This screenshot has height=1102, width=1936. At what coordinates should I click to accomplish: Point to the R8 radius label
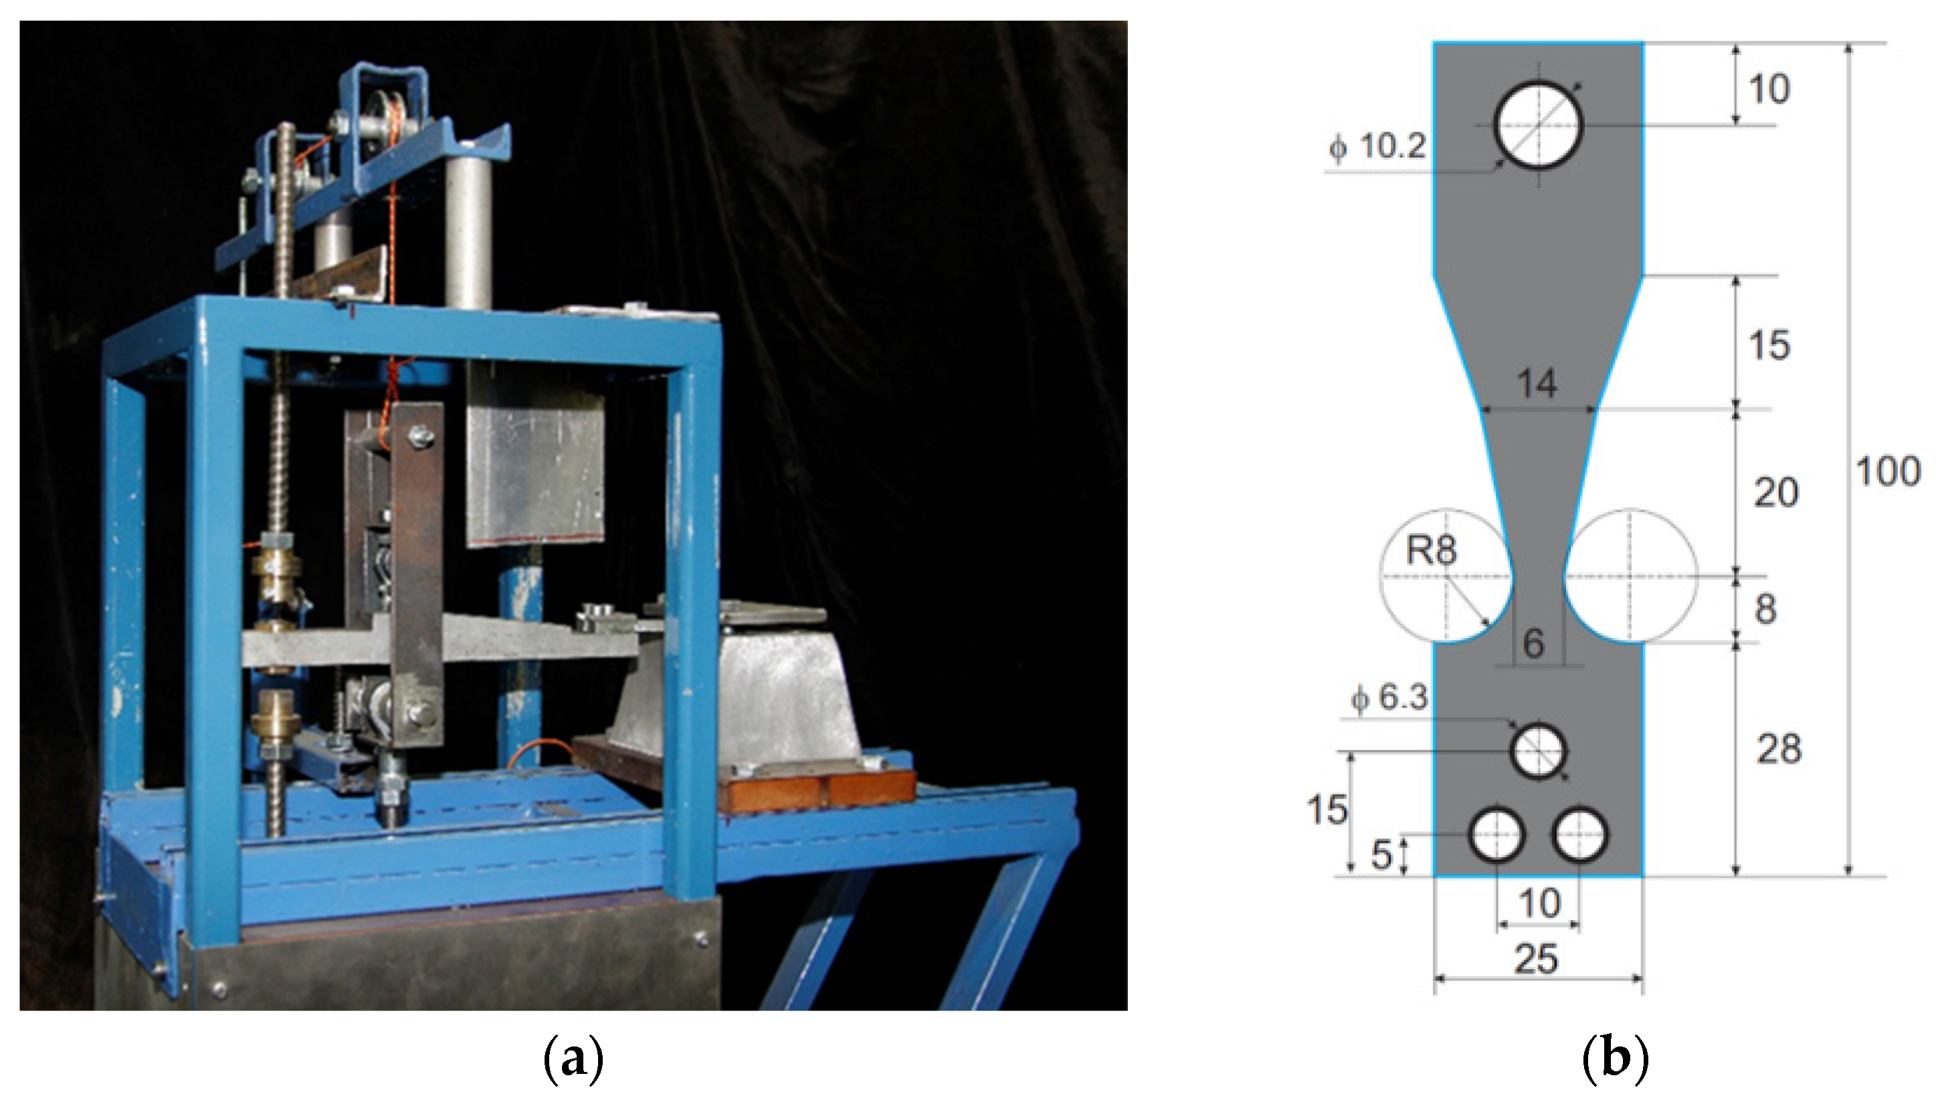[x=1430, y=550]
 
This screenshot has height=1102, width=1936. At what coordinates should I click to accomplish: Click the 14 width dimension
[x=1537, y=384]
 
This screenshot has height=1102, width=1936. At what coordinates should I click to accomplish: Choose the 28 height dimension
[x=1777, y=750]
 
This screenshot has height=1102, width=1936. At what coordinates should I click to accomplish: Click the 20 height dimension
[x=1775, y=493]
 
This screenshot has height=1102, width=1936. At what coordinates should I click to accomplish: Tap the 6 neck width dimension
[x=1533, y=643]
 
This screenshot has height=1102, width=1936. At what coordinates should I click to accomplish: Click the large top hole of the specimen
[x=1538, y=126]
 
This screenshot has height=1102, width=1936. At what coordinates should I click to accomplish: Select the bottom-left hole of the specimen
[x=1496, y=834]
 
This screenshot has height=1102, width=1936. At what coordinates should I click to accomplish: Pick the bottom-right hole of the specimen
[x=1580, y=834]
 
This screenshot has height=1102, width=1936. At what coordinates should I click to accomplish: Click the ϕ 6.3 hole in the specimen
[x=1538, y=751]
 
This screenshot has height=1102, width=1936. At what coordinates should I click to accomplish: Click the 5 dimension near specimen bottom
[x=1382, y=855]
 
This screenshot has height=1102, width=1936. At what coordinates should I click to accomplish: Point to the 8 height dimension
[x=1765, y=609]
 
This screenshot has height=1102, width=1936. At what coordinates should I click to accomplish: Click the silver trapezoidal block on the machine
[x=734, y=688]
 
